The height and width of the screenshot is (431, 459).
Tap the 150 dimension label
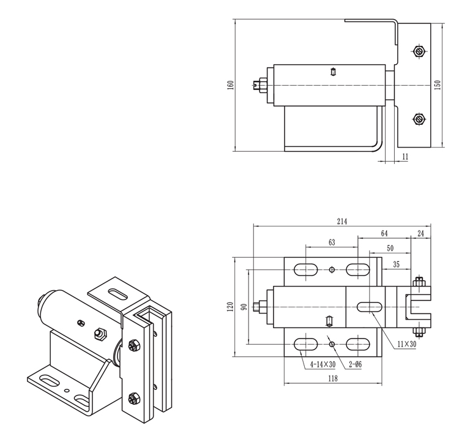pyautogui.click(x=437, y=84)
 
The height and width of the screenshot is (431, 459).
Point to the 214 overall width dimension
pyautogui.click(x=341, y=222)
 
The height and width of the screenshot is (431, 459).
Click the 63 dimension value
pyautogui.click(x=331, y=243)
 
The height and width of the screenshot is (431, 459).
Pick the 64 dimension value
pyautogui.click(x=384, y=233)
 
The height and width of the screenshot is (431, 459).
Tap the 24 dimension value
pyautogui.click(x=420, y=233)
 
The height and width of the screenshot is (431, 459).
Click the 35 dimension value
pyautogui.click(x=396, y=264)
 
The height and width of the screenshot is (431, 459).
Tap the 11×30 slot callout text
pyautogui.click(x=406, y=345)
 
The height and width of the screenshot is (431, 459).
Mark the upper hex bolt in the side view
pyautogui.click(x=419, y=51)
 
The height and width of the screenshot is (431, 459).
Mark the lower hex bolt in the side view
pyautogui.click(x=419, y=119)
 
